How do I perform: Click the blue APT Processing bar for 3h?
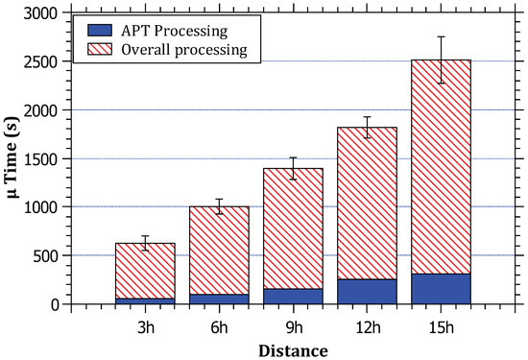click(145, 300)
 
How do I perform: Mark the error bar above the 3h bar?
click(145, 243)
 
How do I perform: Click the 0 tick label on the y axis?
click(67, 304)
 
